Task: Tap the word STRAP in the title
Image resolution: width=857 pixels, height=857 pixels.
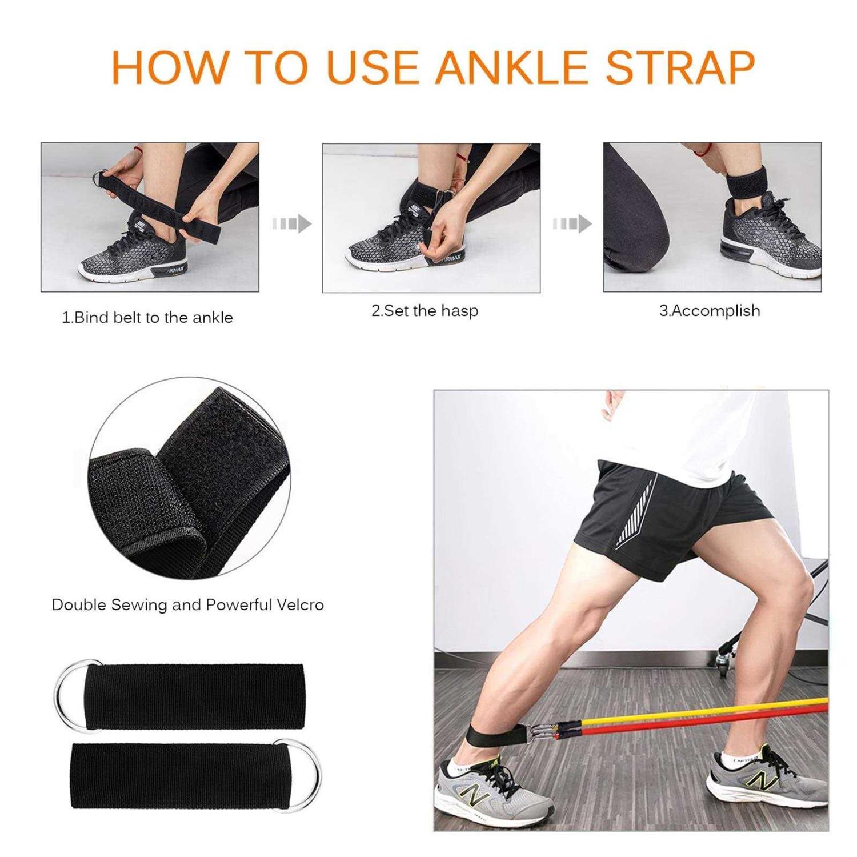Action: tap(680, 68)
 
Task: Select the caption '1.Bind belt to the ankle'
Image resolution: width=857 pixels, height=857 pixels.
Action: tap(147, 318)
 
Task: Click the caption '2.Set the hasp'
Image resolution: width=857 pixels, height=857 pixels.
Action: tap(425, 311)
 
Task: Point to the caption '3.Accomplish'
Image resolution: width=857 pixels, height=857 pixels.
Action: tap(710, 311)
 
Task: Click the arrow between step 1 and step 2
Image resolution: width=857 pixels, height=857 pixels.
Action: tap(292, 223)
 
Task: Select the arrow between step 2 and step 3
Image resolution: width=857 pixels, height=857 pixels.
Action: tap(572, 223)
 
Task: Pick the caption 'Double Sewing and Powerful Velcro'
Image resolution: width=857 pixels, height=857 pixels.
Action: tap(187, 604)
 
